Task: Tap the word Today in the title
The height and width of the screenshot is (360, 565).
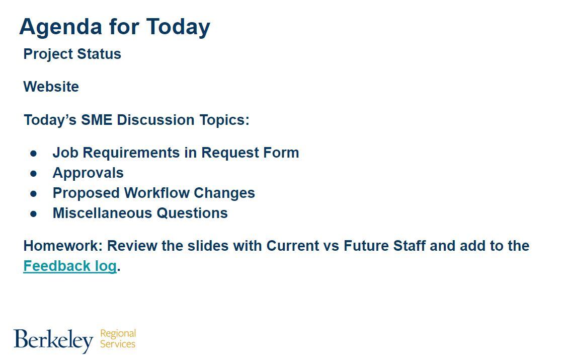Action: (178, 27)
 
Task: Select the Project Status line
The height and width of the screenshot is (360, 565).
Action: (72, 54)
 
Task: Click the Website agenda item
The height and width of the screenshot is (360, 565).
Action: (51, 87)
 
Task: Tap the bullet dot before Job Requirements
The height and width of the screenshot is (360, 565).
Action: (34, 153)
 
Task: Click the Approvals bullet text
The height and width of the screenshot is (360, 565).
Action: (88, 173)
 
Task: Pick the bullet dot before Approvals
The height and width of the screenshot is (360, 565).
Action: (34, 173)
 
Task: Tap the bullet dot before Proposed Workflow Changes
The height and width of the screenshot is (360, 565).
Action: (34, 193)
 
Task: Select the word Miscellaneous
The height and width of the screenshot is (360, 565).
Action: (103, 213)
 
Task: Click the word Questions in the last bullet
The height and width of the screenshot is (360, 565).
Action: (192, 213)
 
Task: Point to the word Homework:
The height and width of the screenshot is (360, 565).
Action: (63, 246)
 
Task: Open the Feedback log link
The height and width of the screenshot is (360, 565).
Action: (70, 266)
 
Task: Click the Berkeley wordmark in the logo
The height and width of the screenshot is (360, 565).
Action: (53, 340)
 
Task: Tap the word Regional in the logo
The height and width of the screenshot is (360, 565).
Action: (118, 334)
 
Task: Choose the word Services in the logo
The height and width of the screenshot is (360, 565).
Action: (118, 344)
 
